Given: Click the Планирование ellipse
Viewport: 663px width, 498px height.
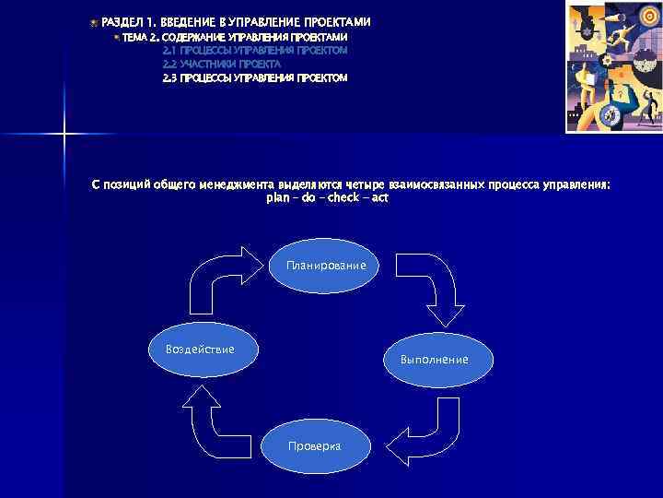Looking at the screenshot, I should [325, 266].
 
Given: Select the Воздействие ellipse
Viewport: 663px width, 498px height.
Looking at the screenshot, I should [199, 350].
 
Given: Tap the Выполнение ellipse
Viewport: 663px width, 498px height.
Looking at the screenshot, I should [434, 359].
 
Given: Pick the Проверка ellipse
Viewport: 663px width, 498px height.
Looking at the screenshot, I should [314, 445].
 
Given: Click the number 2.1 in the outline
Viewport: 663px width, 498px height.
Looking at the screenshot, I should [169, 50].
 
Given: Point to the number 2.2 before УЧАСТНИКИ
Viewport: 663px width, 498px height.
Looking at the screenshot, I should [169, 65].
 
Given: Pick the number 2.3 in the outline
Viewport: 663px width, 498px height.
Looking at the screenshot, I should [169, 78].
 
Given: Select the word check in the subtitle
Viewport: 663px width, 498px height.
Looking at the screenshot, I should [341, 197].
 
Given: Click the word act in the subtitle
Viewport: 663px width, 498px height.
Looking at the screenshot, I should [379, 197].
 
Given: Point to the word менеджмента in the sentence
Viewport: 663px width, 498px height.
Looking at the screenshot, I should [235, 184].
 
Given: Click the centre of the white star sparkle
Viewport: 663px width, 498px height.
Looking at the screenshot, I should [64, 135].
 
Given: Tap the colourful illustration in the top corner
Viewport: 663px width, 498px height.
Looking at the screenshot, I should [613, 66].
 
